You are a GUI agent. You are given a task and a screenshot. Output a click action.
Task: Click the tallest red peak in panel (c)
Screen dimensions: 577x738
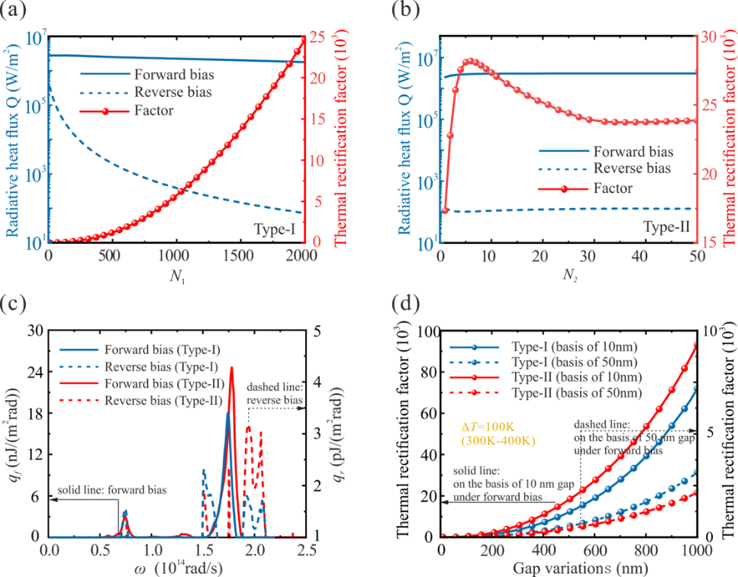[x=231, y=368]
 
